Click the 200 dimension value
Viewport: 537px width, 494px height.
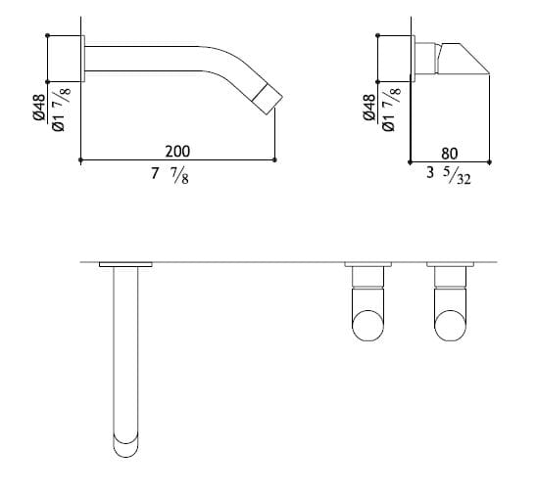177,152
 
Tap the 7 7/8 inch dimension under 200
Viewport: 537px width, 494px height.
170,176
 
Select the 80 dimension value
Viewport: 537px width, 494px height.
450,154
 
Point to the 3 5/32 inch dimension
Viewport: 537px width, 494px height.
449,176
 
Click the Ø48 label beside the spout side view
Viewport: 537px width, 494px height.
39,107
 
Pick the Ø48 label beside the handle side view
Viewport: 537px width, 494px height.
369,107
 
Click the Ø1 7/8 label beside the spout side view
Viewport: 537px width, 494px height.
61,109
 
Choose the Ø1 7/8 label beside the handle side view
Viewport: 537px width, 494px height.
391,109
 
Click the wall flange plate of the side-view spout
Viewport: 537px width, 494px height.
82,59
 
